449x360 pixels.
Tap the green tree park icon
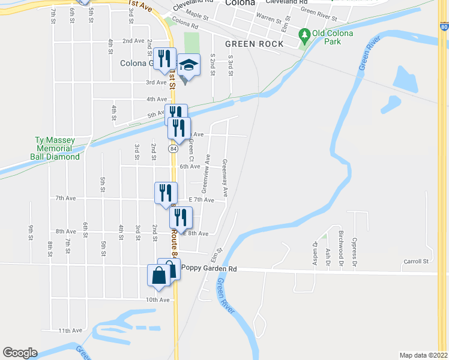click(305, 37)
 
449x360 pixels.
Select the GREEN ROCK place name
click(249, 44)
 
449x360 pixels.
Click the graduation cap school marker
click(188, 65)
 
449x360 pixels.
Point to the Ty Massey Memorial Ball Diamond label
click(56, 148)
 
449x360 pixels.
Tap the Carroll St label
click(416, 262)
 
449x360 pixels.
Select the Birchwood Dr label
click(340, 242)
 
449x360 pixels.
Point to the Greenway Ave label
click(225, 178)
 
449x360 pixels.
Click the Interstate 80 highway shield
click(443, 26)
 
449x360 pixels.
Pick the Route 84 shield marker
click(173, 148)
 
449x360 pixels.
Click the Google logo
click(20, 353)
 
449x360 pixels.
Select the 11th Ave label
click(70, 331)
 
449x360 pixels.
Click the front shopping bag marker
click(158, 277)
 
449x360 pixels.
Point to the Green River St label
click(318, 11)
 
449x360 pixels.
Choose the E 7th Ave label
click(201, 199)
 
